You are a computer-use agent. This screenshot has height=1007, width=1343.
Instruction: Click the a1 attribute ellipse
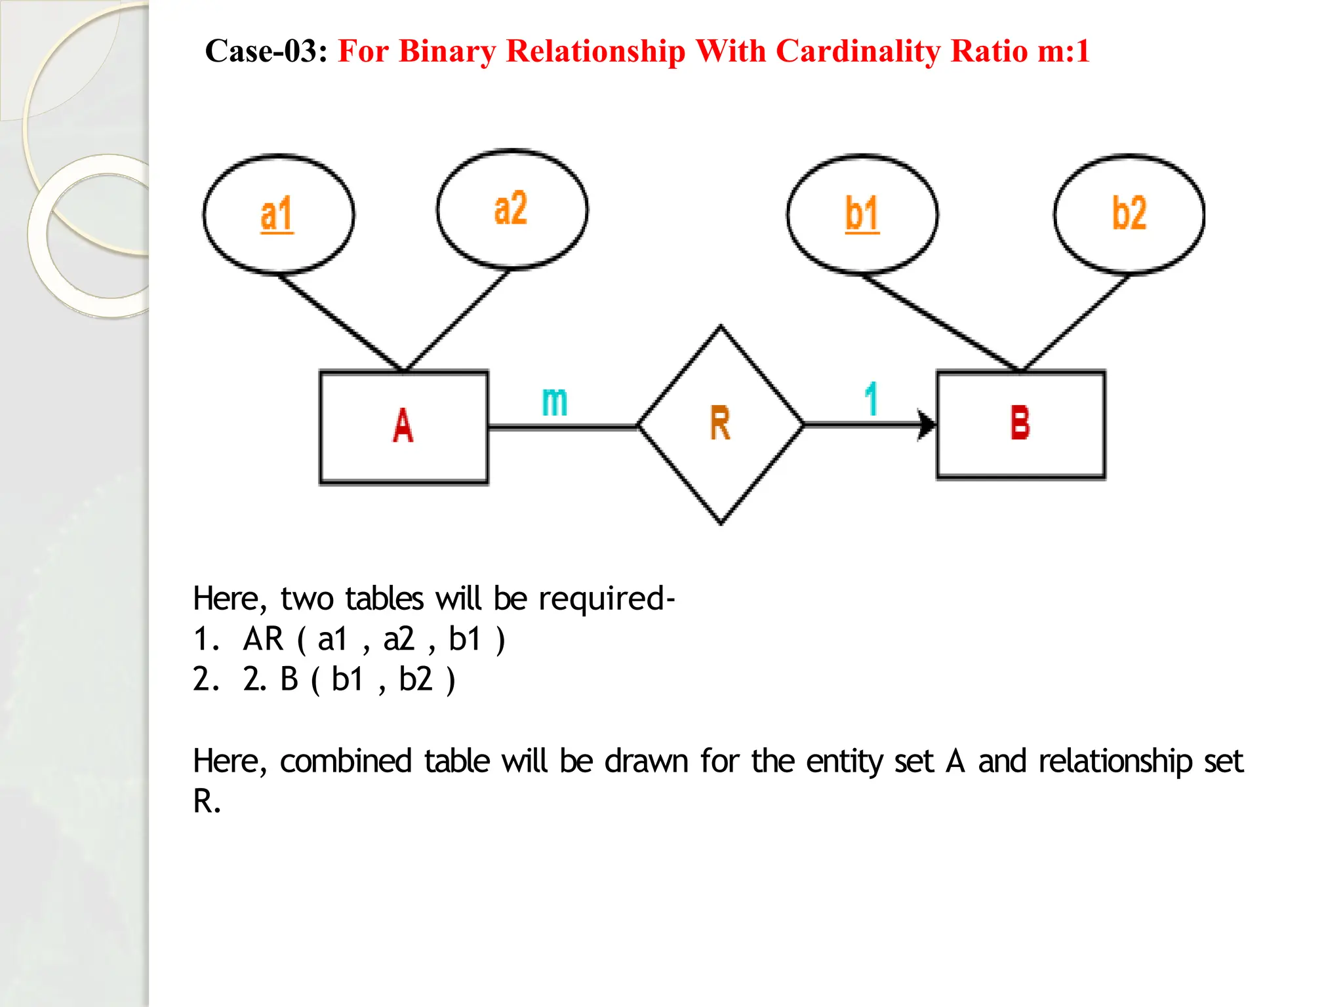[x=278, y=214]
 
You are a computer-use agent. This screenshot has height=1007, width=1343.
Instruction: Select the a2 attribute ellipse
[x=511, y=209]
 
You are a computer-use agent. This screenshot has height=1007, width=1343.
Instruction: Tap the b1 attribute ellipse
[x=862, y=214]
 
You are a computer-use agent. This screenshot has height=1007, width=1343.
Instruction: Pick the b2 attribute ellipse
[x=1129, y=214]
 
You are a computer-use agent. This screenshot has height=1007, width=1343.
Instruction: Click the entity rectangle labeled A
[x=403, y=427]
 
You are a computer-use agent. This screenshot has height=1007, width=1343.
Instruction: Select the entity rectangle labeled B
[x=1020, y=424]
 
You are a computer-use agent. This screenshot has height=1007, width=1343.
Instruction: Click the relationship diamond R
[x=720, y=425]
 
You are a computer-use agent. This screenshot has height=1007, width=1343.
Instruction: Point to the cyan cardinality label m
[x=554, y=401]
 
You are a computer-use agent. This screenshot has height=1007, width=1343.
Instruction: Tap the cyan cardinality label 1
[x=871, y=399]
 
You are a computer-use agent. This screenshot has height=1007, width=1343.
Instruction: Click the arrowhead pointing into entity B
[x=926, y=425]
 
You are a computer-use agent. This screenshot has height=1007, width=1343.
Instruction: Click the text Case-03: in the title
[x=266, y=51]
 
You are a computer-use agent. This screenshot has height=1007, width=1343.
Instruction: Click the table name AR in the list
[x=263, y=639]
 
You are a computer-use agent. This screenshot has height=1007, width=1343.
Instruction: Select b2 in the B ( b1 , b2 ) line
[x=416, y=679]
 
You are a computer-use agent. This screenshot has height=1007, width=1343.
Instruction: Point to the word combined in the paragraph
[x=346, y=762]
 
